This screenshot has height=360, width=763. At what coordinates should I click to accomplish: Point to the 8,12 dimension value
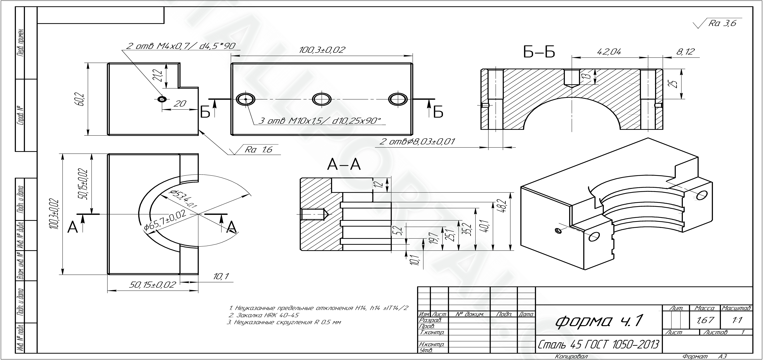[685, 52]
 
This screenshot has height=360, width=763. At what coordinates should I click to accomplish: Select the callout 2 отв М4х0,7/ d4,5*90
[181, 46]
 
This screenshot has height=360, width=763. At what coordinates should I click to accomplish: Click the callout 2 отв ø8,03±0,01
[417, 142]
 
